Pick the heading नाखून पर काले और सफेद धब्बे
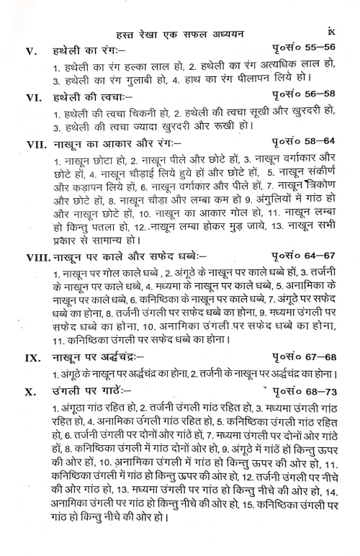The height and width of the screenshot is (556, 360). coord(130,255)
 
